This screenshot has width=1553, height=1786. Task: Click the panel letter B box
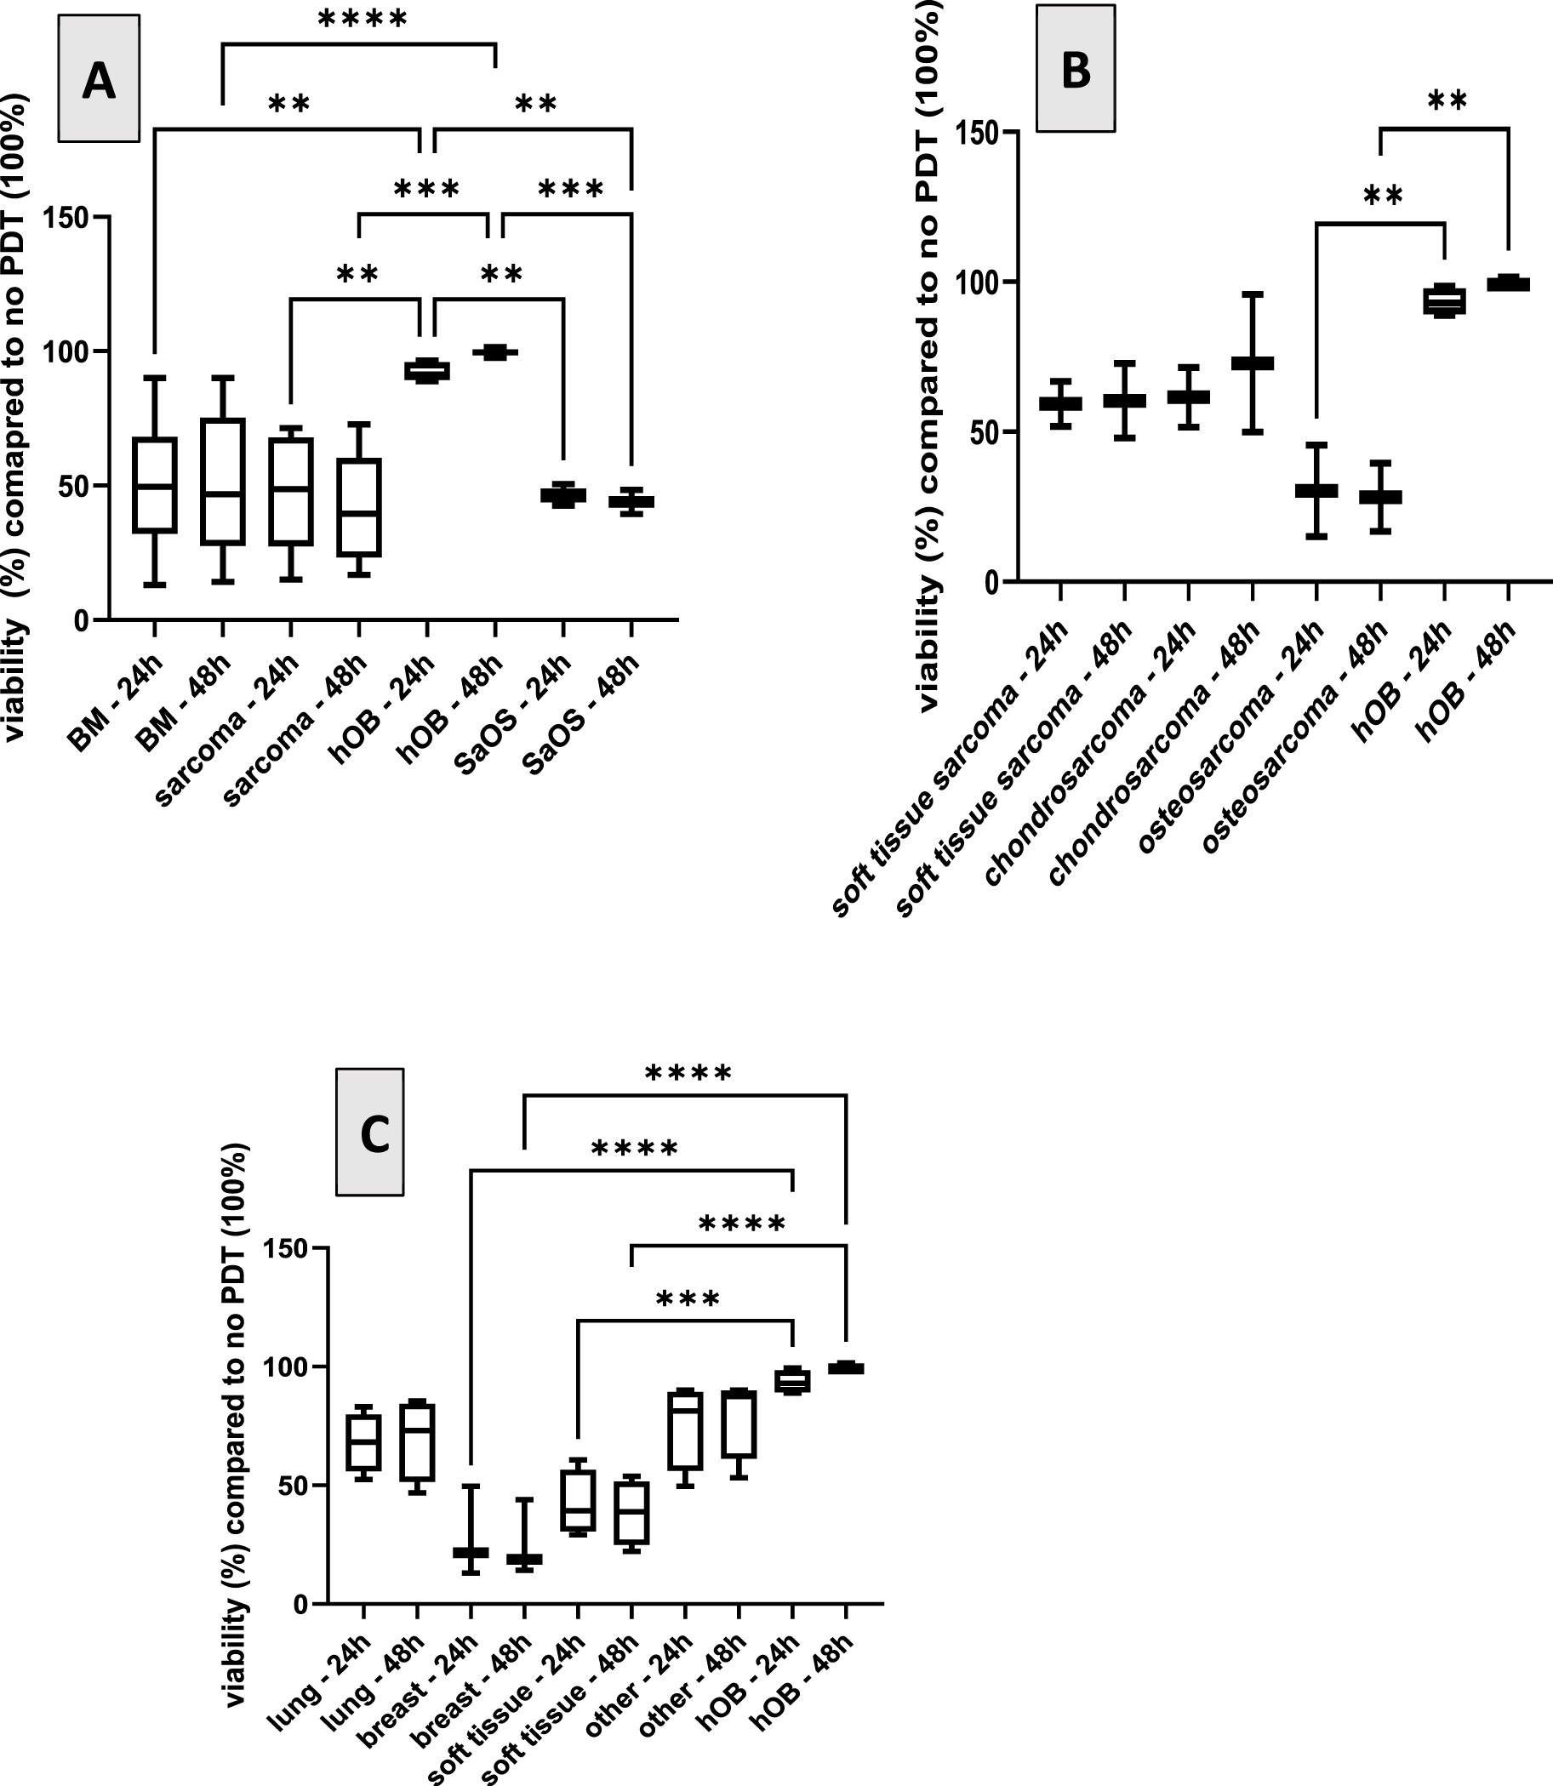1076,68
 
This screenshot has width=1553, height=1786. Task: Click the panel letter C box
370,1132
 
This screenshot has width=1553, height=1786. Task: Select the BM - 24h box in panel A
154,485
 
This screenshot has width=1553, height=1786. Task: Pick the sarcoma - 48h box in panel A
359,507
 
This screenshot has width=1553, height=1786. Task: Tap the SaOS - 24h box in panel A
563,496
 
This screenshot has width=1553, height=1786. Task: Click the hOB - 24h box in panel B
1444,300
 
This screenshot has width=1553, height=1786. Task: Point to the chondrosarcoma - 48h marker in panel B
1252,363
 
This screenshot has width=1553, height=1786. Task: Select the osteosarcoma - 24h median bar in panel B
1316,490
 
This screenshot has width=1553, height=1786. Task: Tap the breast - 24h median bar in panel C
471,1552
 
